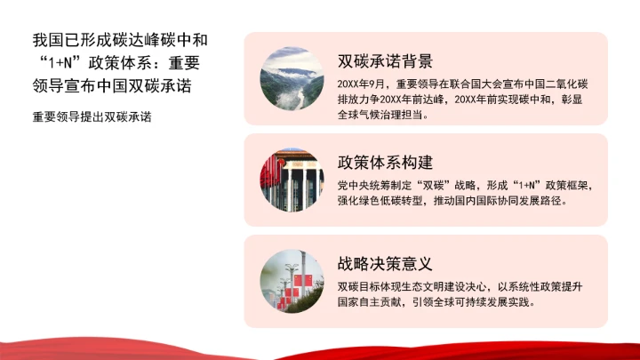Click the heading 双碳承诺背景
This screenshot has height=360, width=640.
coord(385,61)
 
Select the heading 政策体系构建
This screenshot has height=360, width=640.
coord(385,163)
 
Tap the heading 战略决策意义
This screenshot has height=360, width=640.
coord(385,264)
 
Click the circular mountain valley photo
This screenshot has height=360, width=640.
coord(292,78)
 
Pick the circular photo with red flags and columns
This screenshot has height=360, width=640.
coord(292,180)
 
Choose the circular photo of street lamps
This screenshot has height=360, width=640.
coord(292,281)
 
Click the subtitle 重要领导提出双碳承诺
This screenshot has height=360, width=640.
coord(92,116)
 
